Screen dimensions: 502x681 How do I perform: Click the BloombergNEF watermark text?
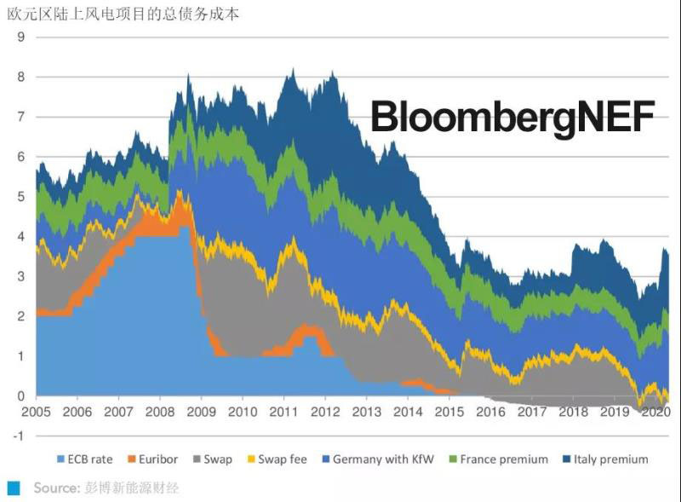512,118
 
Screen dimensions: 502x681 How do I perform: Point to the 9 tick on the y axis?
20,38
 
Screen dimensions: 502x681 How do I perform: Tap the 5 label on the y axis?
20,197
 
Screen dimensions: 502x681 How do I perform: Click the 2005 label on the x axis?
36,413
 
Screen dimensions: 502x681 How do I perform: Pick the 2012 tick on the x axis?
324,413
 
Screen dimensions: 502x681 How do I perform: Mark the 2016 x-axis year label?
489,413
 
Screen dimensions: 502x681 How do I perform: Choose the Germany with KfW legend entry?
383,459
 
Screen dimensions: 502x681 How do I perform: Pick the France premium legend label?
504,459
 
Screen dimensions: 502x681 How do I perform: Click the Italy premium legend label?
611,459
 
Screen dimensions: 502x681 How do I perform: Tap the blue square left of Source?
13,488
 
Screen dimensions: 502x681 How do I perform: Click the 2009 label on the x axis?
201,413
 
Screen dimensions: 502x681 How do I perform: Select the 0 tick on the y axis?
20,396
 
